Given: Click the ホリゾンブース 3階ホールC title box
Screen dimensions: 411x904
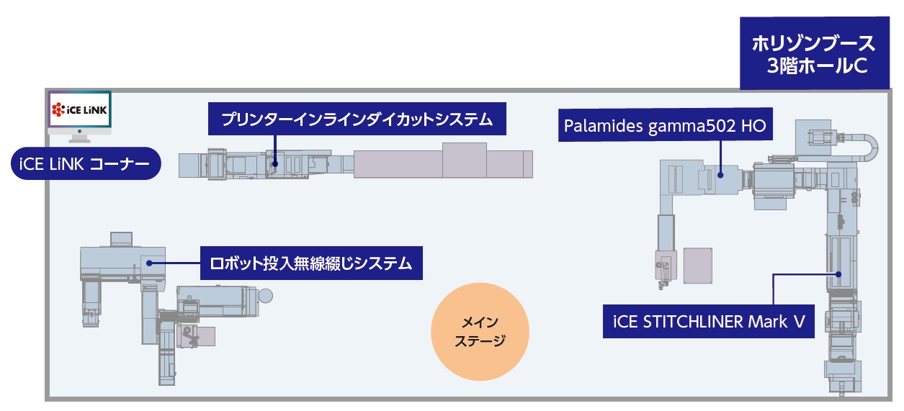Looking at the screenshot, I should (x=813, y=54).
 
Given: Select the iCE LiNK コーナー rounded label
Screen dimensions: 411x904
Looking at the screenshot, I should (x=85, y=166).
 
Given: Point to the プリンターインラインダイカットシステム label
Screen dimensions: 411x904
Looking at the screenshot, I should (x=357, y=119).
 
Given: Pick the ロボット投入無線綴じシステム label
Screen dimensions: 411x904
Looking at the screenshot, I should (x=310, y=263).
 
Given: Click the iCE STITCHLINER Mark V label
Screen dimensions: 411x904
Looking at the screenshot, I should (x=709, y=321).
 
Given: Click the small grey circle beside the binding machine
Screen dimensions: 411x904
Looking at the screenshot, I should (x=266, y=295).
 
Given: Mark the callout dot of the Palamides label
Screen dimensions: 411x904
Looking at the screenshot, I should (x=721, y=173).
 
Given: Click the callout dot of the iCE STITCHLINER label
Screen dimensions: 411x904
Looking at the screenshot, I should (x=839, y=274).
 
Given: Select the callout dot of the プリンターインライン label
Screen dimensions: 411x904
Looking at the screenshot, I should (x=274, y=163).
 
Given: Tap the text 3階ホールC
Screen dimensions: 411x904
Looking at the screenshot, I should (x=816, y=66).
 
